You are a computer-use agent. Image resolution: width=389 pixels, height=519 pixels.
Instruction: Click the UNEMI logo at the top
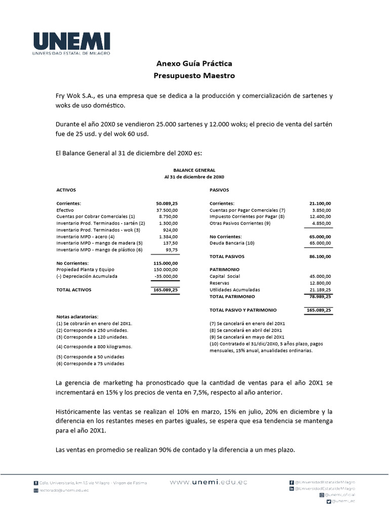[x=72, y=43]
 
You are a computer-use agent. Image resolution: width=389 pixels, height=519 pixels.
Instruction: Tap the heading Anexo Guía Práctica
[x=194, y=64]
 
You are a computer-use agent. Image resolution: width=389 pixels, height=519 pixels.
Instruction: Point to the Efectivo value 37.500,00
[x=167, y=210]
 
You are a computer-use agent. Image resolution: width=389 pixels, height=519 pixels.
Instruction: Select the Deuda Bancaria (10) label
[x=232, y=243]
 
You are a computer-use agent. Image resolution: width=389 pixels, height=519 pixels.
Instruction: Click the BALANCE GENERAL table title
[x=194, y=170]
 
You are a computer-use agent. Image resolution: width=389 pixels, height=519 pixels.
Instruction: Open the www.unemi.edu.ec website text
[x=209, y=483]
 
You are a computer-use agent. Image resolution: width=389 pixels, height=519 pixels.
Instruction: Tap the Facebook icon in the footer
[x=292, y=482]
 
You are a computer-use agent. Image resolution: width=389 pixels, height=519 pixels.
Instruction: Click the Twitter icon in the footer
[x=329, y=501]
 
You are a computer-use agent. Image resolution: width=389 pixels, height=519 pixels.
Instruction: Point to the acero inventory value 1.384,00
[x=168, y=237]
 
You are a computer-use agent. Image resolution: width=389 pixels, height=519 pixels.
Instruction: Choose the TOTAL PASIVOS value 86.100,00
[x=320, y=257]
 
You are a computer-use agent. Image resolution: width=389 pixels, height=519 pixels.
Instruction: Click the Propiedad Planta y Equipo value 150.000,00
[x=166, y=270]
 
